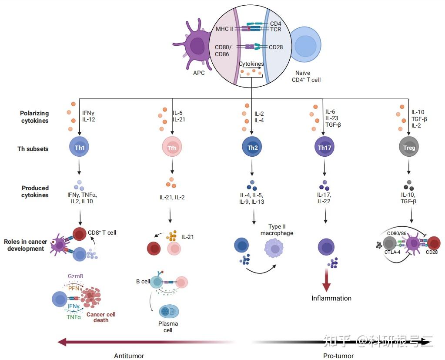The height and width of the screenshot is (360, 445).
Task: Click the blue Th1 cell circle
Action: (80, 148)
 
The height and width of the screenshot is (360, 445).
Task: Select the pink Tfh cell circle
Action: (172, 148)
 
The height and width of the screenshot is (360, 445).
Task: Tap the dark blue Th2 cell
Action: (252, 148)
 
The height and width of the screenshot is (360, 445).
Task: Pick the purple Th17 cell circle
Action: (325, 148)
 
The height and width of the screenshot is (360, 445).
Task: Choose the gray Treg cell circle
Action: (409, 148)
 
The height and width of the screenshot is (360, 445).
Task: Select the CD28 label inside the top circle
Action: (276, 47)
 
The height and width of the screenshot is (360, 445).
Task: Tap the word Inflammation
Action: (331, 298)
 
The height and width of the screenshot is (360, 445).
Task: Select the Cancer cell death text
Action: (100, 317)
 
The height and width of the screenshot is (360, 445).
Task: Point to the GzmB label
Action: (75, 276)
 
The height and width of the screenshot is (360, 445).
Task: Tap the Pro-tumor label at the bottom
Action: (338, 356)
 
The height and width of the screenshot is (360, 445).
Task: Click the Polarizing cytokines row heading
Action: (35, 117)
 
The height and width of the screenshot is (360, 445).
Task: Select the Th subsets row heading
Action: (33, 149)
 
